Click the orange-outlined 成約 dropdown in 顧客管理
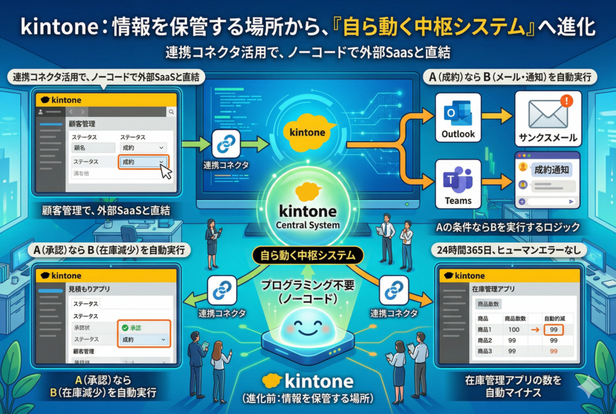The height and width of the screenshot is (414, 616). point(143,162)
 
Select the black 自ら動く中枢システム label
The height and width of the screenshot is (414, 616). point(308,255)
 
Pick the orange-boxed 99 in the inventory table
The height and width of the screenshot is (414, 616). point(553,330)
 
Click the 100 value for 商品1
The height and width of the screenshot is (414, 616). point(513,330)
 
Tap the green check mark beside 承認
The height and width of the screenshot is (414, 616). point(125,327)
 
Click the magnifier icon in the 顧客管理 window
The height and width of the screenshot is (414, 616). point(171,112)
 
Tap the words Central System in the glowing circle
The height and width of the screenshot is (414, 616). point(309,225)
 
